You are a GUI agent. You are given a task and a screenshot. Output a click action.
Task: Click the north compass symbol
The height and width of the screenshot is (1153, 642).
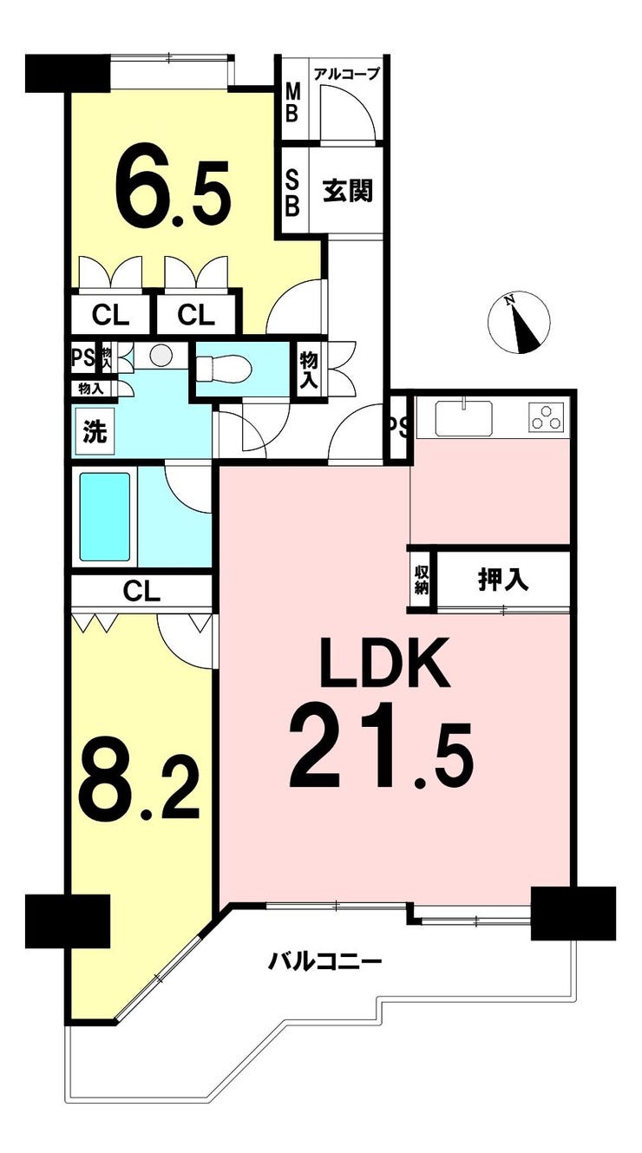(x=519, y=323)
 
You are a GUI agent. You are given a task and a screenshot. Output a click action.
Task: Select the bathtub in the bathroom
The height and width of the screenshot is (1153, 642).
(x=104, y=516)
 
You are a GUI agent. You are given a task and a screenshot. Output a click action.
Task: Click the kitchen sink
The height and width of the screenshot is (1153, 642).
(x=464, y=418)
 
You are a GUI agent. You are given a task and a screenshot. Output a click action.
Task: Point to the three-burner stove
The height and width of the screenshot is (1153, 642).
(x=547, y=416)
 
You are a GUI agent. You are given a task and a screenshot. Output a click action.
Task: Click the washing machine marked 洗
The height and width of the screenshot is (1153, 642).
(x=95, y=431)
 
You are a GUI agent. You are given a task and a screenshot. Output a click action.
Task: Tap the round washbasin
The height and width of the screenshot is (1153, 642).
(x=163, y=355)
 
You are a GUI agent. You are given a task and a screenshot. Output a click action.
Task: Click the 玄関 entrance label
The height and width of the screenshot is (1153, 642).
(x=348, y=192)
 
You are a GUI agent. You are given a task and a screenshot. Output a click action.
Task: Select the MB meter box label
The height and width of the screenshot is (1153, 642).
(x=292, y=103)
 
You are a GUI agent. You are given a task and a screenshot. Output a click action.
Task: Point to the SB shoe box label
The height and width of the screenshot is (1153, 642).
(x=292, y=193)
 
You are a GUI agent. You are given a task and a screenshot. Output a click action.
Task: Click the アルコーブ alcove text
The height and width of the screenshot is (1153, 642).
(x=346, y=74)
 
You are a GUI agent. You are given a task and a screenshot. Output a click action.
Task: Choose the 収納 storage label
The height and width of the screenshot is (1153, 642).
(x=422, y=580)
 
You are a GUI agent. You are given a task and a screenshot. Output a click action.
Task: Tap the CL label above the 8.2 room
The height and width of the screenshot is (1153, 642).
(x=141, y=592)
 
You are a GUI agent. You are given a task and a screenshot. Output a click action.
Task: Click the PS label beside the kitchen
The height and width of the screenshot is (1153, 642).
(x=399, y=427)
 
